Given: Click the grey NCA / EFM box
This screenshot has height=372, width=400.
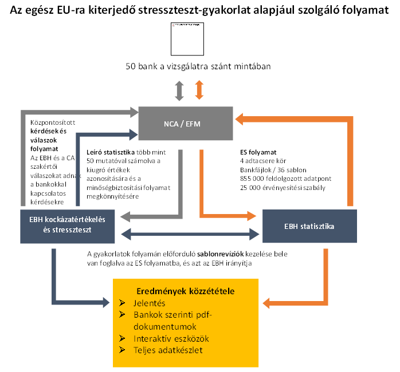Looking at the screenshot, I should click(186, 122).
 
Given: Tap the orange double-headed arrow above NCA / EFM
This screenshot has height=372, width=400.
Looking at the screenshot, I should click(199, 90).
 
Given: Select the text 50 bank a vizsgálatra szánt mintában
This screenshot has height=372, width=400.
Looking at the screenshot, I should click(198, 66).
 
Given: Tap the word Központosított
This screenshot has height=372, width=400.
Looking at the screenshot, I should click(52, 122).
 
